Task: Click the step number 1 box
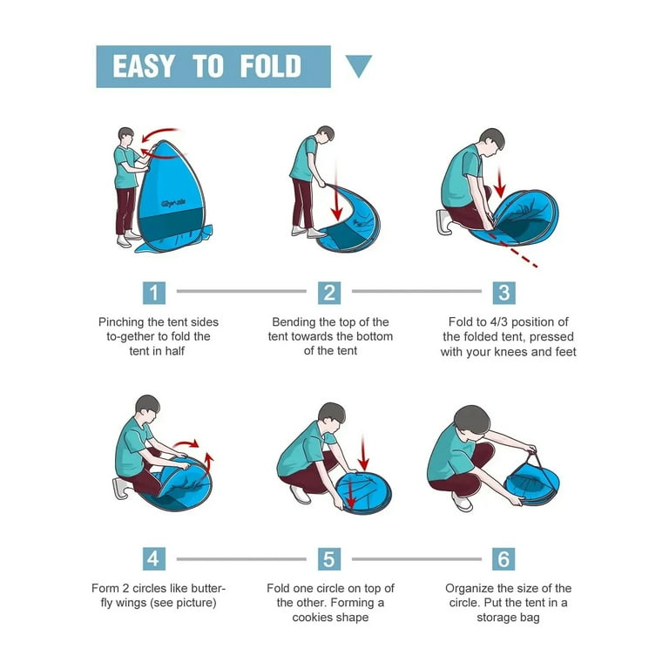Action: (154, 292)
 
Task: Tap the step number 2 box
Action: (329, 292)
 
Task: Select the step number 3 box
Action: (503, 292)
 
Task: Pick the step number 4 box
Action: (154, 558)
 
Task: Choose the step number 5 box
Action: (329, 558)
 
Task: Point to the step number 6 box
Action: (503, 558)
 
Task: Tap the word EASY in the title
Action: (144, 67)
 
